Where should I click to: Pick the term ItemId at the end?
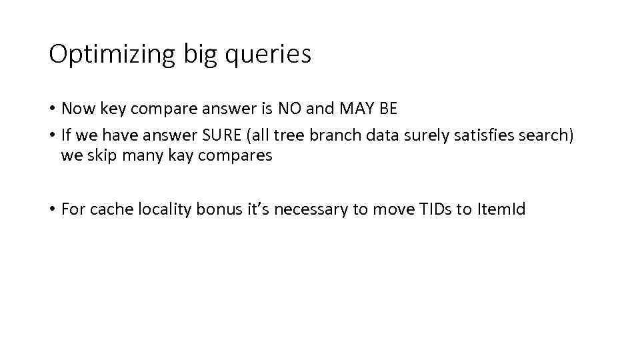(501, 209)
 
